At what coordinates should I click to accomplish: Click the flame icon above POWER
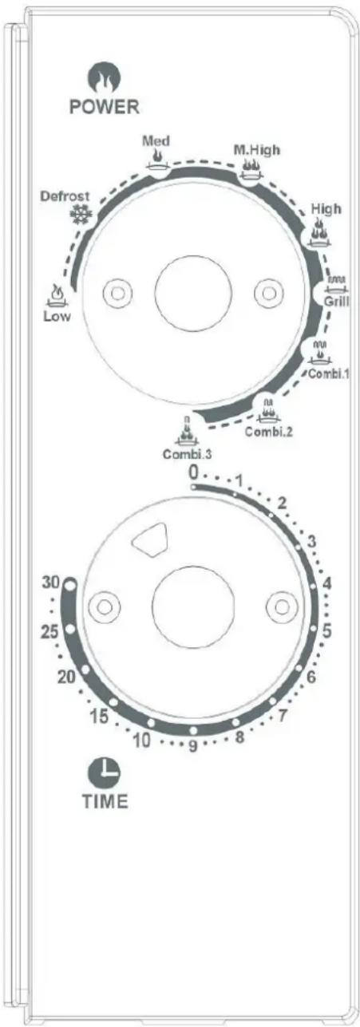(x=104, y=77)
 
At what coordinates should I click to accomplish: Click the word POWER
(x=104, y=106)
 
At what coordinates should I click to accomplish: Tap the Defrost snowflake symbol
(x=81, y=214)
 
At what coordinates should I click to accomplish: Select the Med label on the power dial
(x=156, y=140)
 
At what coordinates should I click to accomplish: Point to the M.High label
(x=257, y=149)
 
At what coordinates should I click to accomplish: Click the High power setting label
(x=326, y=208)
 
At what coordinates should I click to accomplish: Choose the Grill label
(x=337, y=302)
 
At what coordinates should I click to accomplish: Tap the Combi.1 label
(x=329, y=373)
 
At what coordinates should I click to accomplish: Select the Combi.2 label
(x=269, y=432)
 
